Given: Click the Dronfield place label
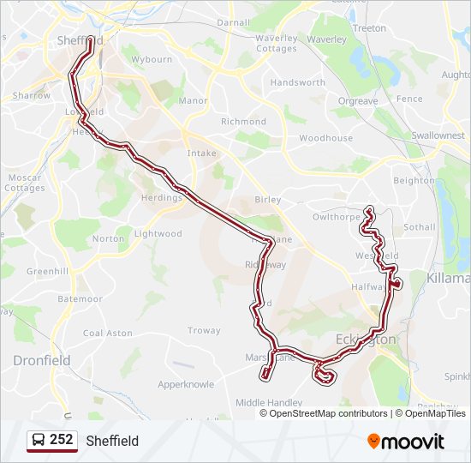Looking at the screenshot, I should pyautogui.click(x=42, y=361).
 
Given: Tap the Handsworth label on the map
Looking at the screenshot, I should pyautogui.click(x=298, y=83).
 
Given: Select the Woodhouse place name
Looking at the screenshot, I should pyautogui.click(x=325, y=138).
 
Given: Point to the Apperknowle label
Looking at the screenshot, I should pyautogui.click(x=186, y=385).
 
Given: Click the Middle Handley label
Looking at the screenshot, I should pyautogui.click(x=269, y=402).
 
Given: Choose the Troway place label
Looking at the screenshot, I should pyautogui.click(x=204, y=330).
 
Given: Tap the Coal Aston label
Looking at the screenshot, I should pyautogui.click(x=108, y=333).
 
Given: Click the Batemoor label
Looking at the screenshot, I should pyautogui.click(x=80, y=299).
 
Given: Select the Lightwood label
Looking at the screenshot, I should pyautogui.click(x=158, y=233).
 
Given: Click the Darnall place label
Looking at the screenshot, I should pyautogui.click(x=233, y=22).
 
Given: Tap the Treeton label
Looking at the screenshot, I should pyautogui.click(x=370, y=28).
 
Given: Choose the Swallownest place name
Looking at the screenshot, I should pyautogui.click(x=438, y=135).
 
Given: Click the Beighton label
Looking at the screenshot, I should pyautogui.click(x=414, y=181).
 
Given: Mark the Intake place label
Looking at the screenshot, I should pyautogui.click(x=202, y=153).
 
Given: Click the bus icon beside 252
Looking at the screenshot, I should pyautogui.click(x=39, y=440).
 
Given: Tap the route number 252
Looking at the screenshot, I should pyautogui.click(x=62, y=440).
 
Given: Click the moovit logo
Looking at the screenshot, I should pyautogui.click(x=406, y=442).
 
